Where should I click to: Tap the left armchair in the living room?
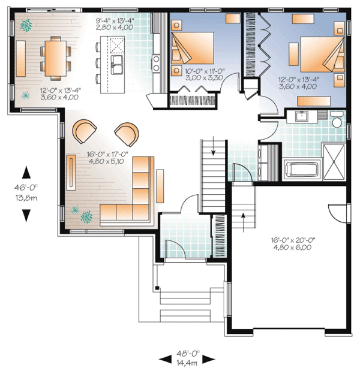click(85, 131)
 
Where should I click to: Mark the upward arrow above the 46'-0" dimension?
click(26, 174)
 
